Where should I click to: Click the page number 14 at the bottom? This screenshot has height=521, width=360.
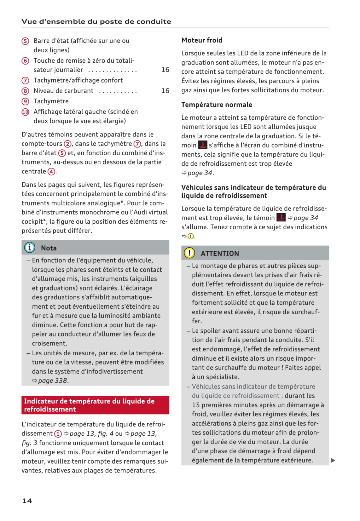click(x=27, y=501)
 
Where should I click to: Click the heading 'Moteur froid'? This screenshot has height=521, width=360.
click(x=202, y=40)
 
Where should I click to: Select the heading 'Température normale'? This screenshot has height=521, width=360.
click(x=217, y=105)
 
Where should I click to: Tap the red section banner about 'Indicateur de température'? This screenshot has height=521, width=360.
click(x=95, y=405)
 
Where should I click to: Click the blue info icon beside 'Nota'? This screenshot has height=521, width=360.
click(x=30, y=248)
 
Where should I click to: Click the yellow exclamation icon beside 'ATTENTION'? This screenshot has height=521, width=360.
click(x=189, y=253)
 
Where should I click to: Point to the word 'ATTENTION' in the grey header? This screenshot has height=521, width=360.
click(x=220, y=254)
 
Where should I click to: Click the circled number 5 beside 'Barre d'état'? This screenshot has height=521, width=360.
click(x=25, y=41)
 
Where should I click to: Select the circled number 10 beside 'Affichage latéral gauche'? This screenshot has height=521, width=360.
click(x=25, y=112)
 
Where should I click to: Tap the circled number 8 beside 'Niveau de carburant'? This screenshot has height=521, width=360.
click(x=25, y=91)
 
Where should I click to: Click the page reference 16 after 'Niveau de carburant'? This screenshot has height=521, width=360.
click(x=165, y=91)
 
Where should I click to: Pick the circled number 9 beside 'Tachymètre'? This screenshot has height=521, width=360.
click(x=25, y=101)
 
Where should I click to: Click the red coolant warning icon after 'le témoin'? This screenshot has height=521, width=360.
click(x=281, y=218)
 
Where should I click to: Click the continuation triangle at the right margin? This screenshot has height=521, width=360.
click(x=333, y=461)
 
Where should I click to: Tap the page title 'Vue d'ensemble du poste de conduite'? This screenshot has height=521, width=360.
click(x=96, y=22)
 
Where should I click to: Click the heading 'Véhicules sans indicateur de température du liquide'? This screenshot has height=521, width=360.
click(x=253, y=192)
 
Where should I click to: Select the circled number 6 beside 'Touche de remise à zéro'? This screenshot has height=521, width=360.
click(x=25, y=61)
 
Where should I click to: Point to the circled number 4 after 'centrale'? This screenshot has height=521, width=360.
click(x=51, y=172)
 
